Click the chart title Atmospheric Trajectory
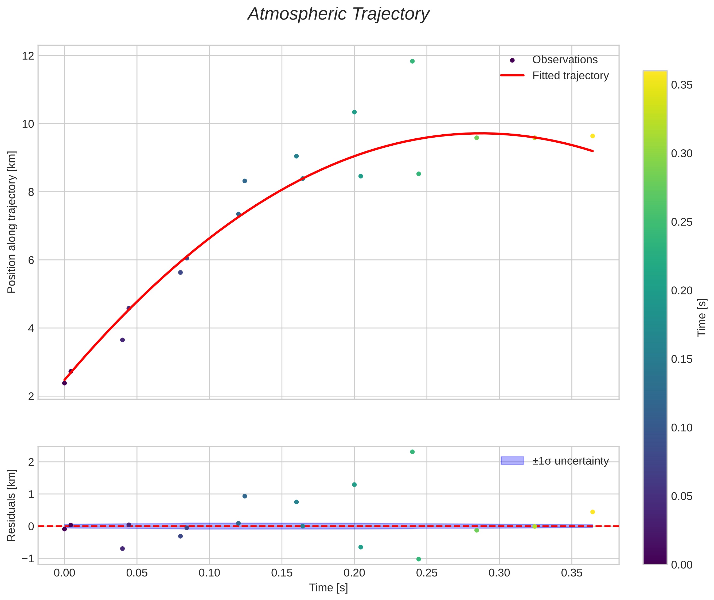coord(338,14)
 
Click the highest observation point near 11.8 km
coord(412,61)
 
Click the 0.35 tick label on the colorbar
coord(682,85)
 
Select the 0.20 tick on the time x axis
coord(354,573)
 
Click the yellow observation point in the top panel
coord(592,136)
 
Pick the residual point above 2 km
coord(412,452)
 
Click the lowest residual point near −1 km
coord(419,559)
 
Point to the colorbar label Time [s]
coord(701,317)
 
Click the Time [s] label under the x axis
coord(328,588)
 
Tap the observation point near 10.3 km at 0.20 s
coord(354,112)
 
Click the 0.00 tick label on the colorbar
coord(682,565)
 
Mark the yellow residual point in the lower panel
coord(592,512)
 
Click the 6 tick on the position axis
coord(31,260)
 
